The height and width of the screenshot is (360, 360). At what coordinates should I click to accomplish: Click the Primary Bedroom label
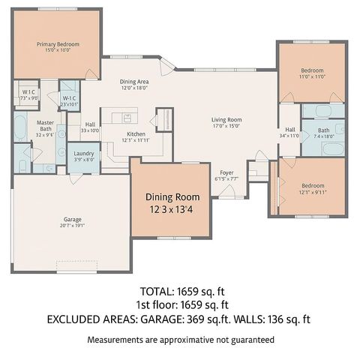pos(57,47)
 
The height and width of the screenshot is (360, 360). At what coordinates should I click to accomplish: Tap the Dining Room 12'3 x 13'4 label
pos(172,202)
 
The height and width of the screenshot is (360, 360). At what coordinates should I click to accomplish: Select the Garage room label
pos(72,222)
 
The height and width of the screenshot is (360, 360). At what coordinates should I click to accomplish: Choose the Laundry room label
pos(83,156)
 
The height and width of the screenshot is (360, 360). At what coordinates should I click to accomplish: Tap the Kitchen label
pos(136,136)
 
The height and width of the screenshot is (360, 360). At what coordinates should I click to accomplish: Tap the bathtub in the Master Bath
pos(21,128)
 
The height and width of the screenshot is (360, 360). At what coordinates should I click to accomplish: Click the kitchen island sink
pos(127,117)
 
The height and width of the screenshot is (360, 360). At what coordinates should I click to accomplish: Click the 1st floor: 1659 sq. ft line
pos(179,304)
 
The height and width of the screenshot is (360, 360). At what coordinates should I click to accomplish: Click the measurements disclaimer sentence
pos(179,340)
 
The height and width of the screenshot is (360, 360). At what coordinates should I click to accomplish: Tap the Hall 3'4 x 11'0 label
pos(289,133)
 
